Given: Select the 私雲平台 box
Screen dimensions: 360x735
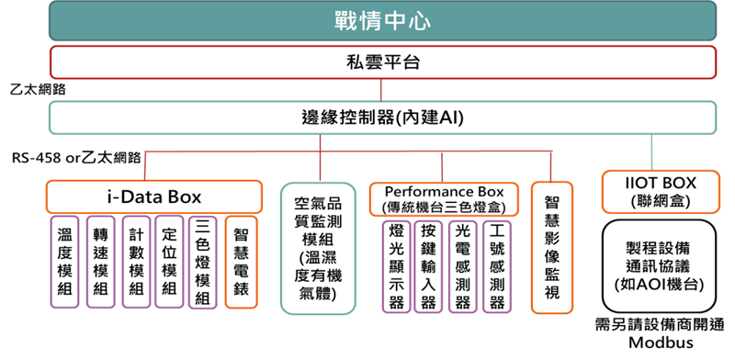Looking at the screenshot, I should pyautogui.click(x=382, y=62).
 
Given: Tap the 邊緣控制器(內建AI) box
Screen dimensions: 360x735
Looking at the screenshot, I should pyautogui.click(x=382, y=118).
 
